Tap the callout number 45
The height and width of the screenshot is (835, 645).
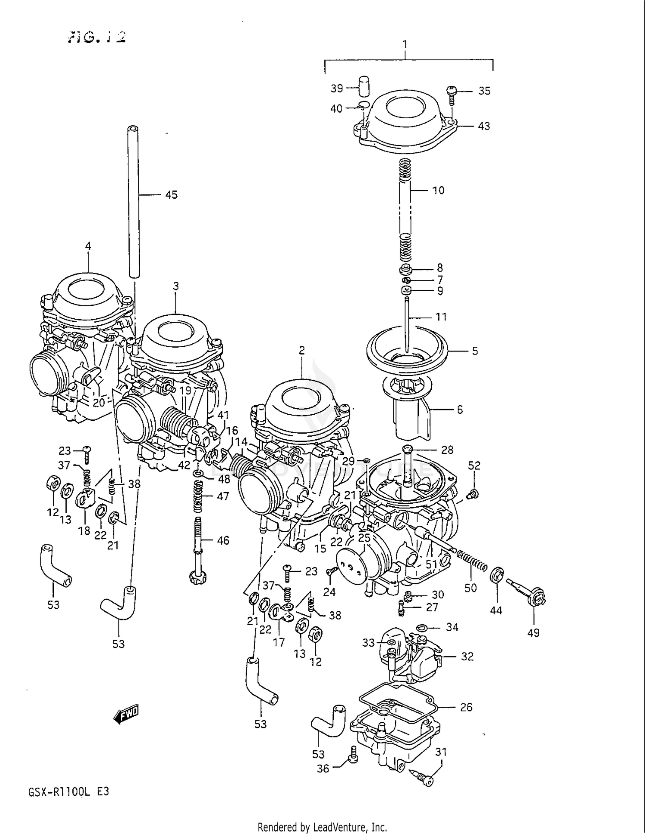click(171, 195)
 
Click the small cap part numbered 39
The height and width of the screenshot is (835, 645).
click(364, 86)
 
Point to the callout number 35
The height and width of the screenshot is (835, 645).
click(484, 91)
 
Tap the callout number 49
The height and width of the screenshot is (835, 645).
click(533, 633)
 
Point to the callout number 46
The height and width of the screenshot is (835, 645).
click(223, 540)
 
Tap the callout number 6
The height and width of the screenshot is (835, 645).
click(460, 410)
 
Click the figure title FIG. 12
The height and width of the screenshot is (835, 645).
click(97, 37)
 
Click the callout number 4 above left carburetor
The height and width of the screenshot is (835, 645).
click(88, 246)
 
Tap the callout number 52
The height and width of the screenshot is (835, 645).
click(474, 465)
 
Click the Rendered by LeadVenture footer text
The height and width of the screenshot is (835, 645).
click(322, 827)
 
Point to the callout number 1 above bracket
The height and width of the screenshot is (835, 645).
click(404, 44)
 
